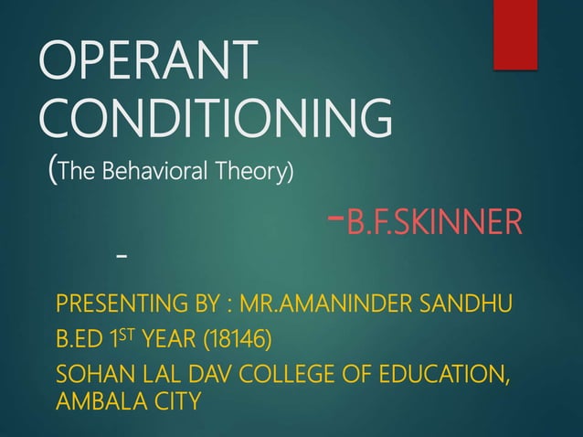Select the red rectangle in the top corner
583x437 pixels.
click(515, 34)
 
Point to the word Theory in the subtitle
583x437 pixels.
click(260, 171)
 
